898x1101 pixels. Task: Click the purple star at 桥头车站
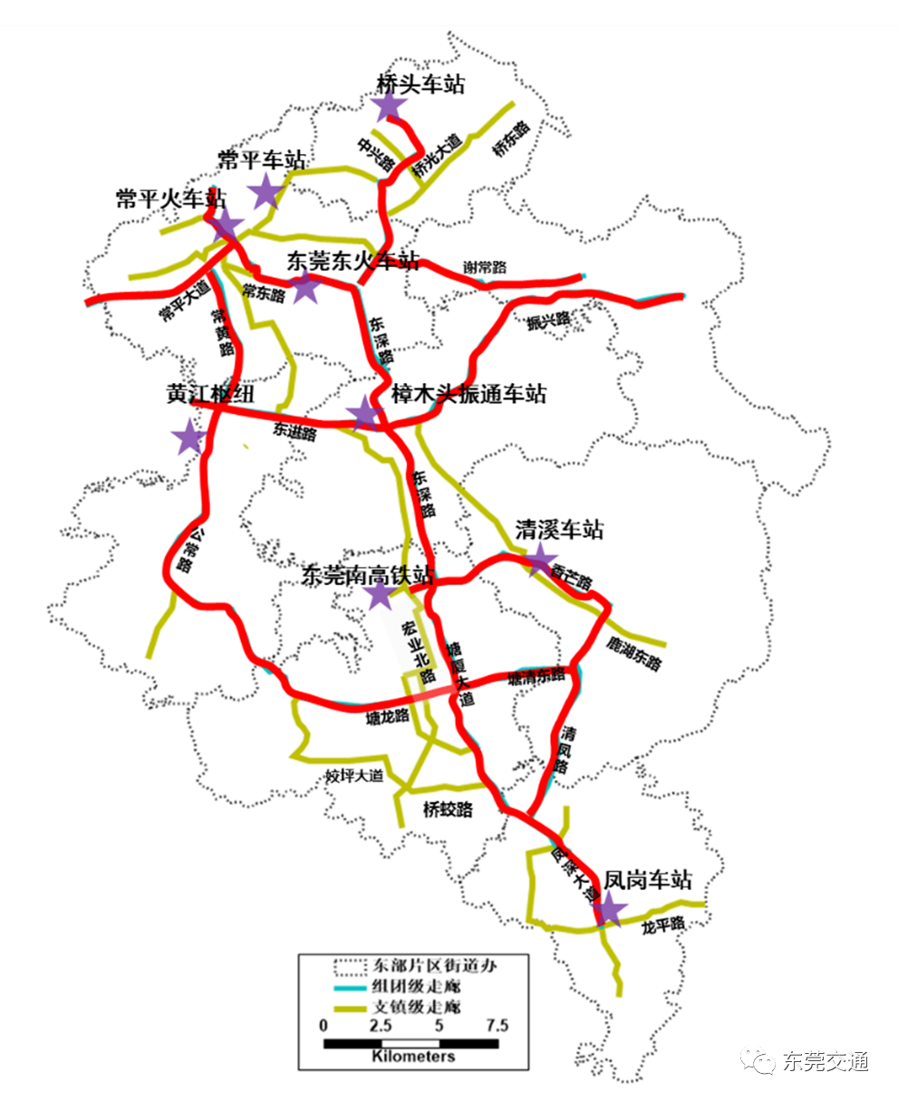coord(389,106)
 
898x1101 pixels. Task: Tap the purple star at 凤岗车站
coord(608,908)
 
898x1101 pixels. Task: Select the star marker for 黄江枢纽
coord(189,436)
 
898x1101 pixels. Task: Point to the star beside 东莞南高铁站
coord(379,595)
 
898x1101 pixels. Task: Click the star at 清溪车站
coord(540,560)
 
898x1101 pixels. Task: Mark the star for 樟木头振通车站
coord(364,413)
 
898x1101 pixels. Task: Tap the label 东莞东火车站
coord(353,261)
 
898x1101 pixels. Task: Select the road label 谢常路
coord(485,266)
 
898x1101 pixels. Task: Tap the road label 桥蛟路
coord(448,809)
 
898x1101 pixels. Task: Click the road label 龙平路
coord(662,926)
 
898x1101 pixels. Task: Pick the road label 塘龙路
coord(388,719)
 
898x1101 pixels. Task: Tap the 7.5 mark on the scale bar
coord(497,1027)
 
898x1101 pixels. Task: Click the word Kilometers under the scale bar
coord(412,1057)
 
